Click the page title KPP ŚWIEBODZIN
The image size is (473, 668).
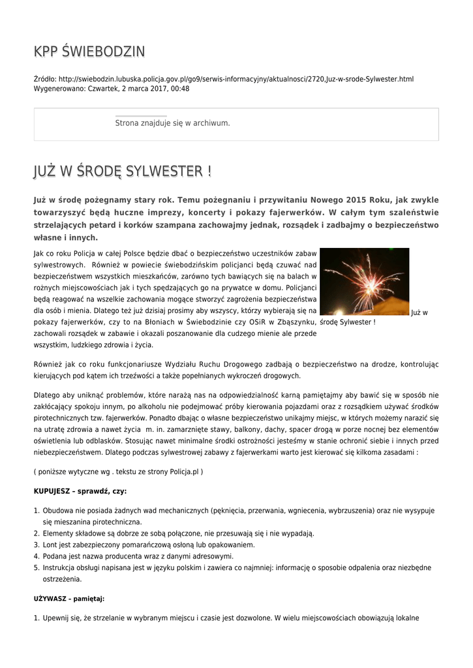coord(89,52)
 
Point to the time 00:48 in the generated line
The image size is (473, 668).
coord(180,88)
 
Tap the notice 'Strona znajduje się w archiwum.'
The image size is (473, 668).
coord(172,123)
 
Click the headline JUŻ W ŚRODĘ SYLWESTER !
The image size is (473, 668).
coord(123,172)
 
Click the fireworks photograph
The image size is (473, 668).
coord(365,281)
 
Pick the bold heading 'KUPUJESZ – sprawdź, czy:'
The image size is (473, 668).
coord(80,491)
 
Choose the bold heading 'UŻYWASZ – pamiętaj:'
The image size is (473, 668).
coord(69,598)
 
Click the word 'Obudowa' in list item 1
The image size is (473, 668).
coord(57,511)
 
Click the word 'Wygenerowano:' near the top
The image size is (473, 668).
coord(59,88)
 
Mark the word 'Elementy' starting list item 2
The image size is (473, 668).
coord(58,533)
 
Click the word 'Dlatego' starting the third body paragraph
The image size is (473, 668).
coord(46,395)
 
